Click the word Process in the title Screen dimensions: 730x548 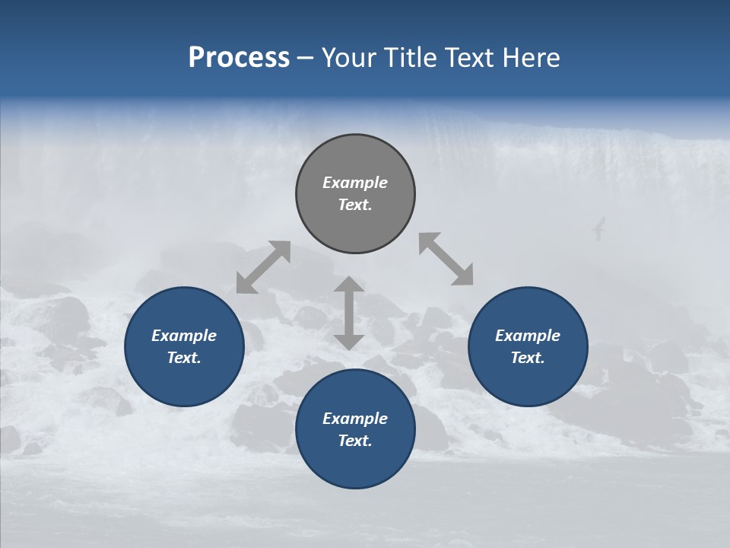point(239,58)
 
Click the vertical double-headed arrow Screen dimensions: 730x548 point(349,314)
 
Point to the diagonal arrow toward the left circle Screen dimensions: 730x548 point(263,267)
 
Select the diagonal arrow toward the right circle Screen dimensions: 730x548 point(446,259)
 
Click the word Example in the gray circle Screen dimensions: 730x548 point(355,183)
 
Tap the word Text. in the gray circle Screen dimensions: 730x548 point(355,205)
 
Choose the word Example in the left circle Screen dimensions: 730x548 point(184,336)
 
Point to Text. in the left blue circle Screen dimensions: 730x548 point(184,358)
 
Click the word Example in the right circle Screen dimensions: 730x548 point(528,336)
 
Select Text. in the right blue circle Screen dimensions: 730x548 point(528,358)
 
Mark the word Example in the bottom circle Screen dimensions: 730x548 point(355,419)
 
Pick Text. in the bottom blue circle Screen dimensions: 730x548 point(355,441)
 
